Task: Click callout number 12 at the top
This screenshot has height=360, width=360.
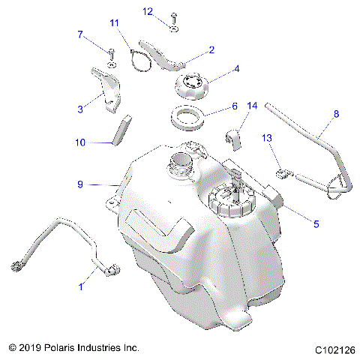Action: (148, 10)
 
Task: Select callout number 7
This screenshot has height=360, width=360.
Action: (80, 34)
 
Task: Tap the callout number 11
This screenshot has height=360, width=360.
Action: (114, 24)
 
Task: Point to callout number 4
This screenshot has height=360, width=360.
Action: (236, 69)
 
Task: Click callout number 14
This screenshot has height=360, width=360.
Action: (252, 107)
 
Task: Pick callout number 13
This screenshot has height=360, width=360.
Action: (265, 138)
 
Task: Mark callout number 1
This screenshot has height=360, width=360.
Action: (82, 286)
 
